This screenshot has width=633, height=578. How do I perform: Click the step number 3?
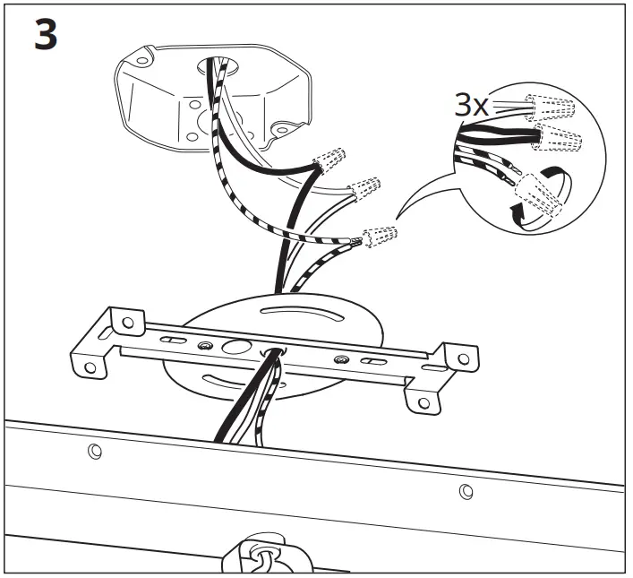tap(46, 36)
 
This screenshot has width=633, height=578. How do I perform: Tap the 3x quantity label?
tap(472, 105)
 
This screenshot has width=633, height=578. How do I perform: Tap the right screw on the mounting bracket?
tap(341, 359)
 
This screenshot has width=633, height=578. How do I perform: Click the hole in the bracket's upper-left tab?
tap(127, 320)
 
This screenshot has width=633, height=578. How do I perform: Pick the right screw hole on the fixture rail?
tap(466, 490)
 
